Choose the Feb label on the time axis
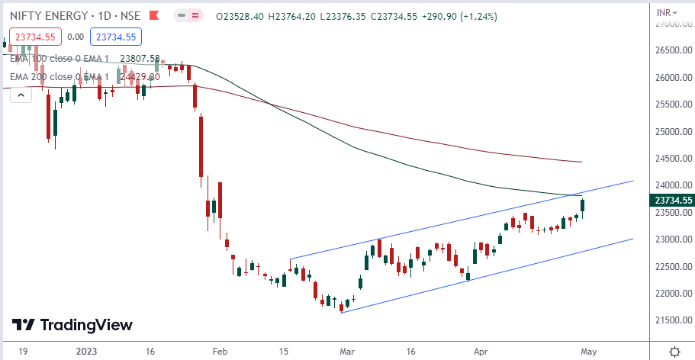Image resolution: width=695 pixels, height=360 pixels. (220, 352)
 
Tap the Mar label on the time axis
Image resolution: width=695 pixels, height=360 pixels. (347, 352)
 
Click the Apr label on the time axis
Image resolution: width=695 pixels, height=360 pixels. (480, 352)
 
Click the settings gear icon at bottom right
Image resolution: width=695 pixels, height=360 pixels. (674, 352)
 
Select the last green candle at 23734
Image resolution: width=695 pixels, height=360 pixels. (584, 204)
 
